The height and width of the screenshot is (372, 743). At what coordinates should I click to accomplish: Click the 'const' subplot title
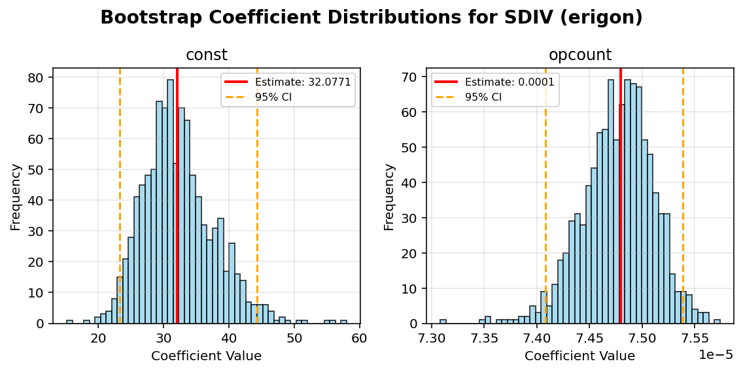tap(207, 55)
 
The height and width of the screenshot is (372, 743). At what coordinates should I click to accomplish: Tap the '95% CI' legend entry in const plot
tap(274, 96)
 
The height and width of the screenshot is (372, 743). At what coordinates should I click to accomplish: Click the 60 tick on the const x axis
tap(359, 338)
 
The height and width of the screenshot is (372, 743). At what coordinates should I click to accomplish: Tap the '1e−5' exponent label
tap(716, 354)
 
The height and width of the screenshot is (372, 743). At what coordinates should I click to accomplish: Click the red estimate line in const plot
tap(177, 196)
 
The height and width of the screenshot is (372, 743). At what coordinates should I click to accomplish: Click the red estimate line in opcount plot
tap(620, 196)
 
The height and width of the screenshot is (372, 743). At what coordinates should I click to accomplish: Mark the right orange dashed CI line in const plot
tap(257, 196)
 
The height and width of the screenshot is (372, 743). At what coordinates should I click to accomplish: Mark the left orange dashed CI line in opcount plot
tap(545, 196)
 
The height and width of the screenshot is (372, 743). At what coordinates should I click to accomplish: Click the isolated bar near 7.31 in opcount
tap(443, 322)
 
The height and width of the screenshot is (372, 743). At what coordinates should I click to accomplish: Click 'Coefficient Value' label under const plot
tap(207, 356)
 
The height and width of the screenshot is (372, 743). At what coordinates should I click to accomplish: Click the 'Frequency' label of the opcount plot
tap(389, 196)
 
